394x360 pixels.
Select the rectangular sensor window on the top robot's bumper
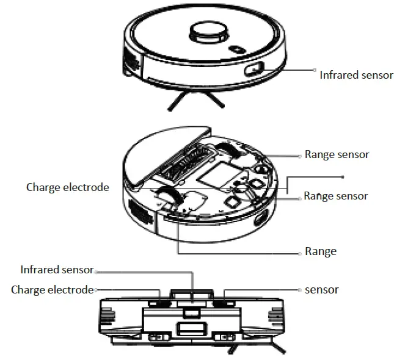[255, 70]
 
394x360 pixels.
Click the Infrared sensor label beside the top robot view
[356, 75]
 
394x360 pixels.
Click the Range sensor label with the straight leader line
[337, 155]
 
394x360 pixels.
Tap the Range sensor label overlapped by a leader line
[335, 196]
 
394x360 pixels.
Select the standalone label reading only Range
[321, 251]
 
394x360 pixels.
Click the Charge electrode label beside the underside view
[67, 187]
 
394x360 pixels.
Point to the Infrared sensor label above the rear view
[56, 270]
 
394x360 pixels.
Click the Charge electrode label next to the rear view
[52, 290]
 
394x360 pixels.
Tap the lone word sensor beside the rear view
[321, 290]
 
